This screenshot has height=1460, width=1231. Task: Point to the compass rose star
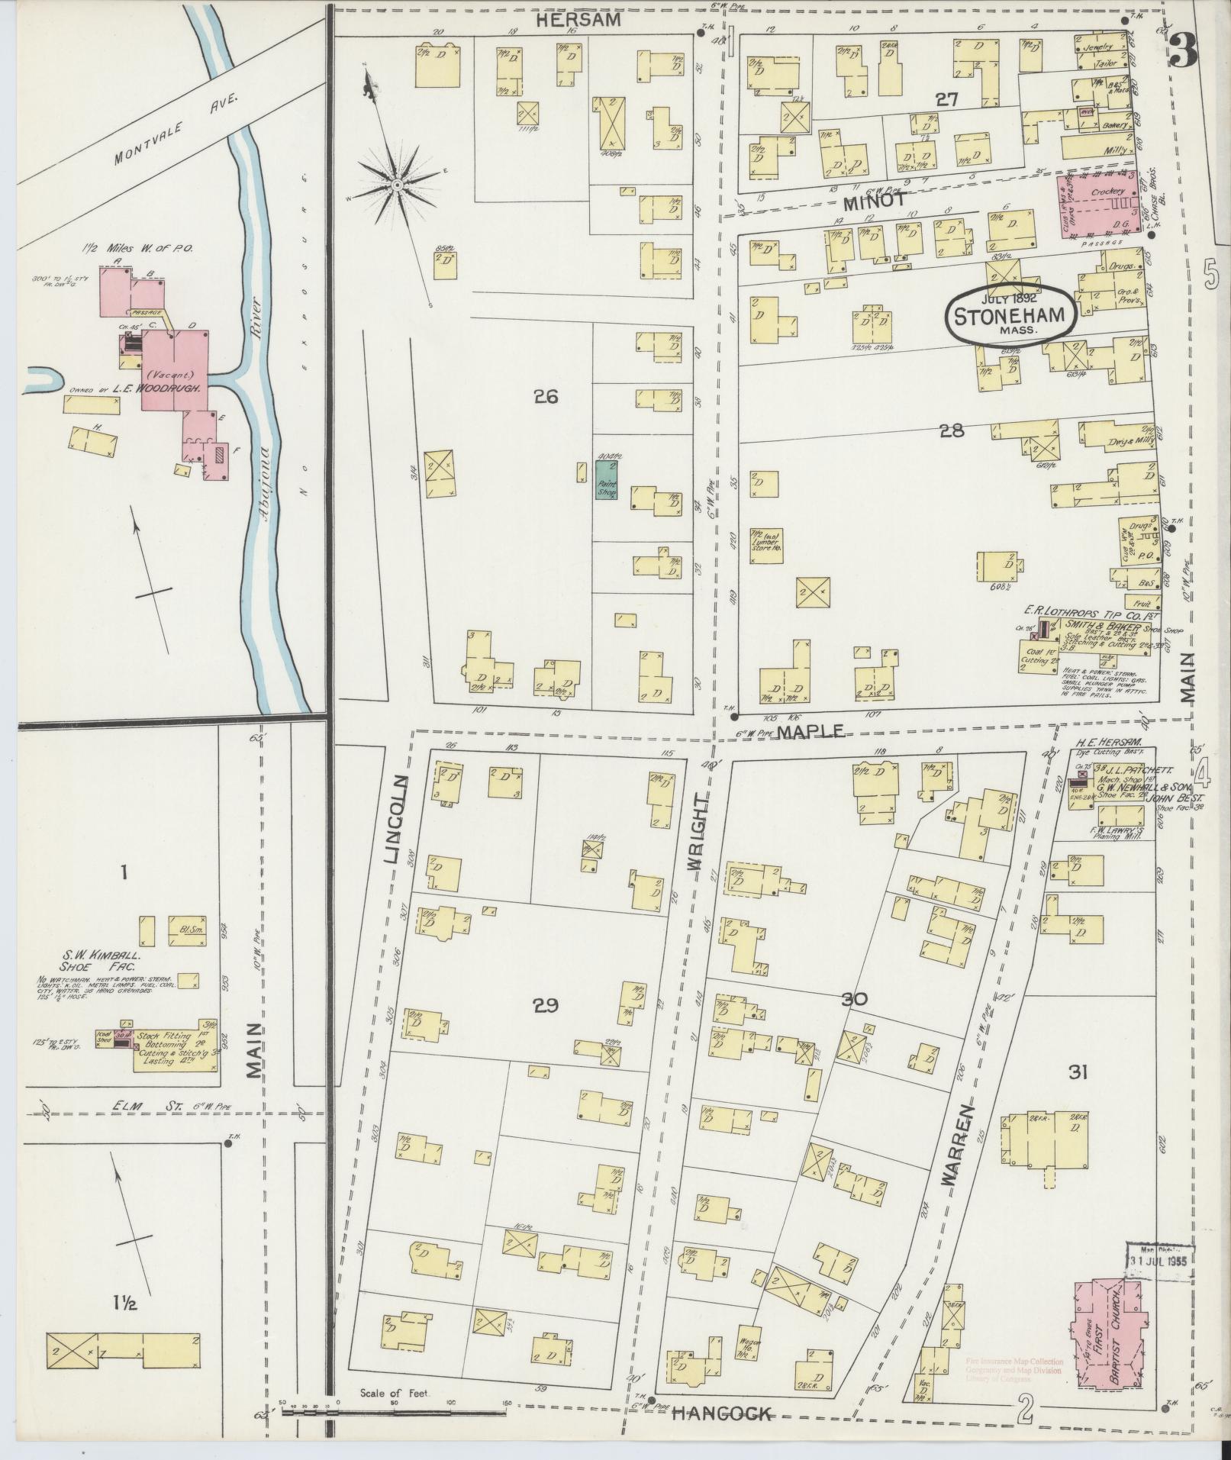pos(398,185)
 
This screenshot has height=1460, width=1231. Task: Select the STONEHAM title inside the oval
pos(1011,315)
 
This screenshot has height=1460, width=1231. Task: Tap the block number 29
pos(546,1006)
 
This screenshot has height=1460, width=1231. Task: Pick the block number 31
pos(1078,1073)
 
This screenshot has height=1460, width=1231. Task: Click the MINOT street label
pos(875,201)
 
